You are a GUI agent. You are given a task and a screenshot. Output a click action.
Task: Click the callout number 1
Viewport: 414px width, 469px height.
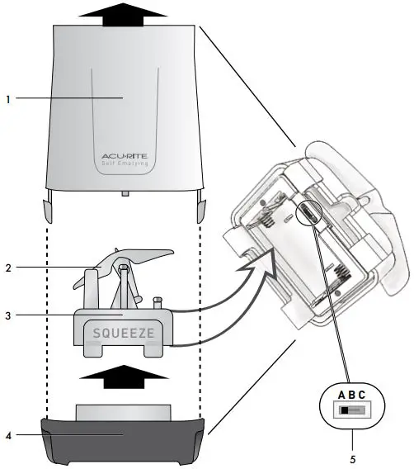[x=8, y=98]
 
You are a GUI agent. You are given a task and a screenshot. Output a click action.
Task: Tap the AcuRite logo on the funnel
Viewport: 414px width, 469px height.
[x=124, y=154]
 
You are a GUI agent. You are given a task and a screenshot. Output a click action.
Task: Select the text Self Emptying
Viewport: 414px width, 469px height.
[x=124, y=163]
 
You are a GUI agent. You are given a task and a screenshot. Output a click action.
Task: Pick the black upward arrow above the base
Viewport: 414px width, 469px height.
[x=124, y=382]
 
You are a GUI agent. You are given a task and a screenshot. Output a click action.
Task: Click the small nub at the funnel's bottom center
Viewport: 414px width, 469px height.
[x=124, y=194]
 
